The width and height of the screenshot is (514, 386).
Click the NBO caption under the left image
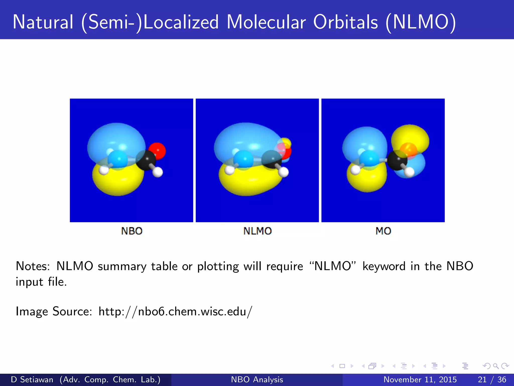coord(132,231)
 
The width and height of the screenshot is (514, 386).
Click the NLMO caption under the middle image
coord(258,231)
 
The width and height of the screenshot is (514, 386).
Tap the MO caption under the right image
coord(383,231)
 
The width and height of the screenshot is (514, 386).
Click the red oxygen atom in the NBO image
coord(157,150)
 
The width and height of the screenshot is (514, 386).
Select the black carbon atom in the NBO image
coord(145,160)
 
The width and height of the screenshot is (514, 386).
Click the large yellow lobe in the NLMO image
coord(248,182)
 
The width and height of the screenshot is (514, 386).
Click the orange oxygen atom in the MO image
coord(408,150)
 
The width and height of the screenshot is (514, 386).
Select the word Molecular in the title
coord(266,22)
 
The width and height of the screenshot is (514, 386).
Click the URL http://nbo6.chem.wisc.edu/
coord(175,312)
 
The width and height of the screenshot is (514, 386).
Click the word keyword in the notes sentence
coord(384,266)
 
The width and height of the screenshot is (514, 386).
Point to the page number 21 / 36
coord(492,379)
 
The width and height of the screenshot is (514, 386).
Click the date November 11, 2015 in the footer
coord(420,379)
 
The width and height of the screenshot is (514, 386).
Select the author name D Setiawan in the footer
coord(32,379)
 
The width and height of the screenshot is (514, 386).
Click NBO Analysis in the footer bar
coord(257,379)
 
